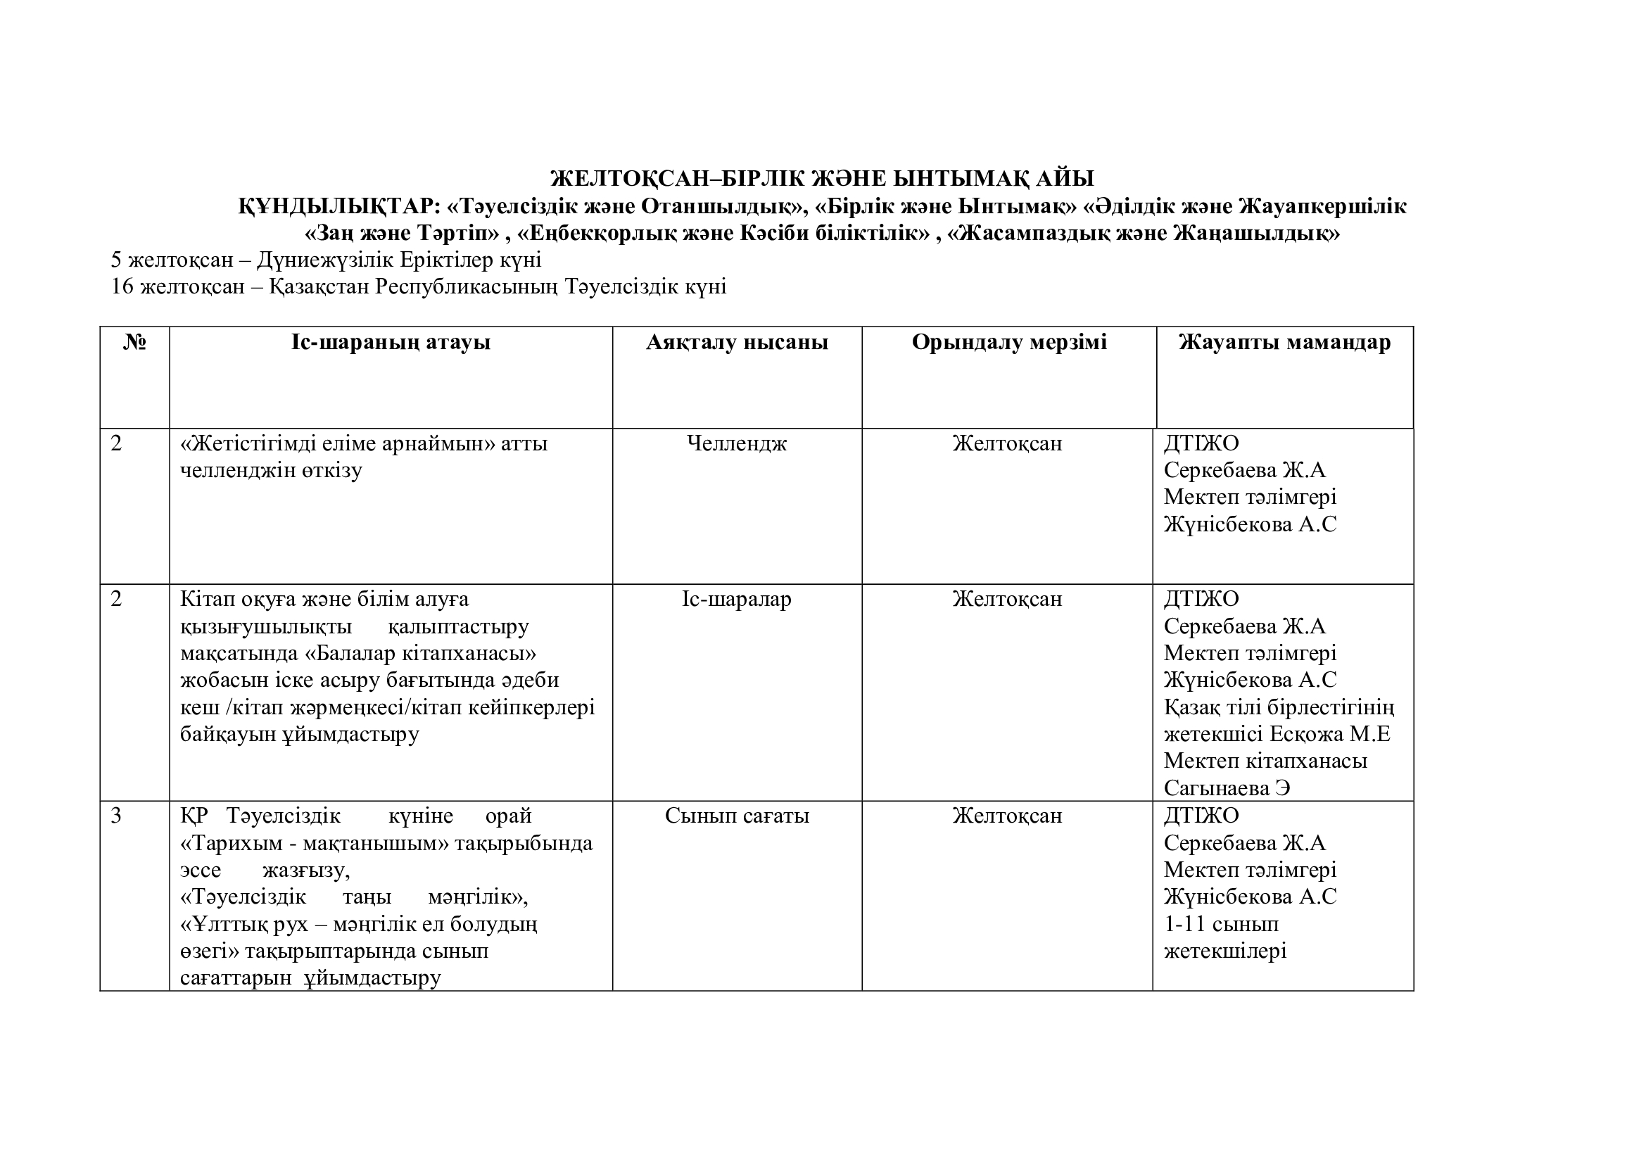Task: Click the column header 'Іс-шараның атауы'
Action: [391, 343]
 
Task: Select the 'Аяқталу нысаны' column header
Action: [737, 343]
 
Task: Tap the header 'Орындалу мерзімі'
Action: [1008, 343]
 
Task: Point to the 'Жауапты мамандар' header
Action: [1284, 343]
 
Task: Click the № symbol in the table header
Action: [135, 343]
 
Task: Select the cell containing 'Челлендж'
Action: [737, 443]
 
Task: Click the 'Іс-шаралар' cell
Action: [737, 599]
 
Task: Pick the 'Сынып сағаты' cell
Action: [737, 816]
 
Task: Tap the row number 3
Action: [117, 816]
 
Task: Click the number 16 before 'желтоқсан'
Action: [122, 286]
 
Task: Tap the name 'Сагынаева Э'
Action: [1227, 788]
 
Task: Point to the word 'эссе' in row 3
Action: [201, 870]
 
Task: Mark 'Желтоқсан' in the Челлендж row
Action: [1007, 443]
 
